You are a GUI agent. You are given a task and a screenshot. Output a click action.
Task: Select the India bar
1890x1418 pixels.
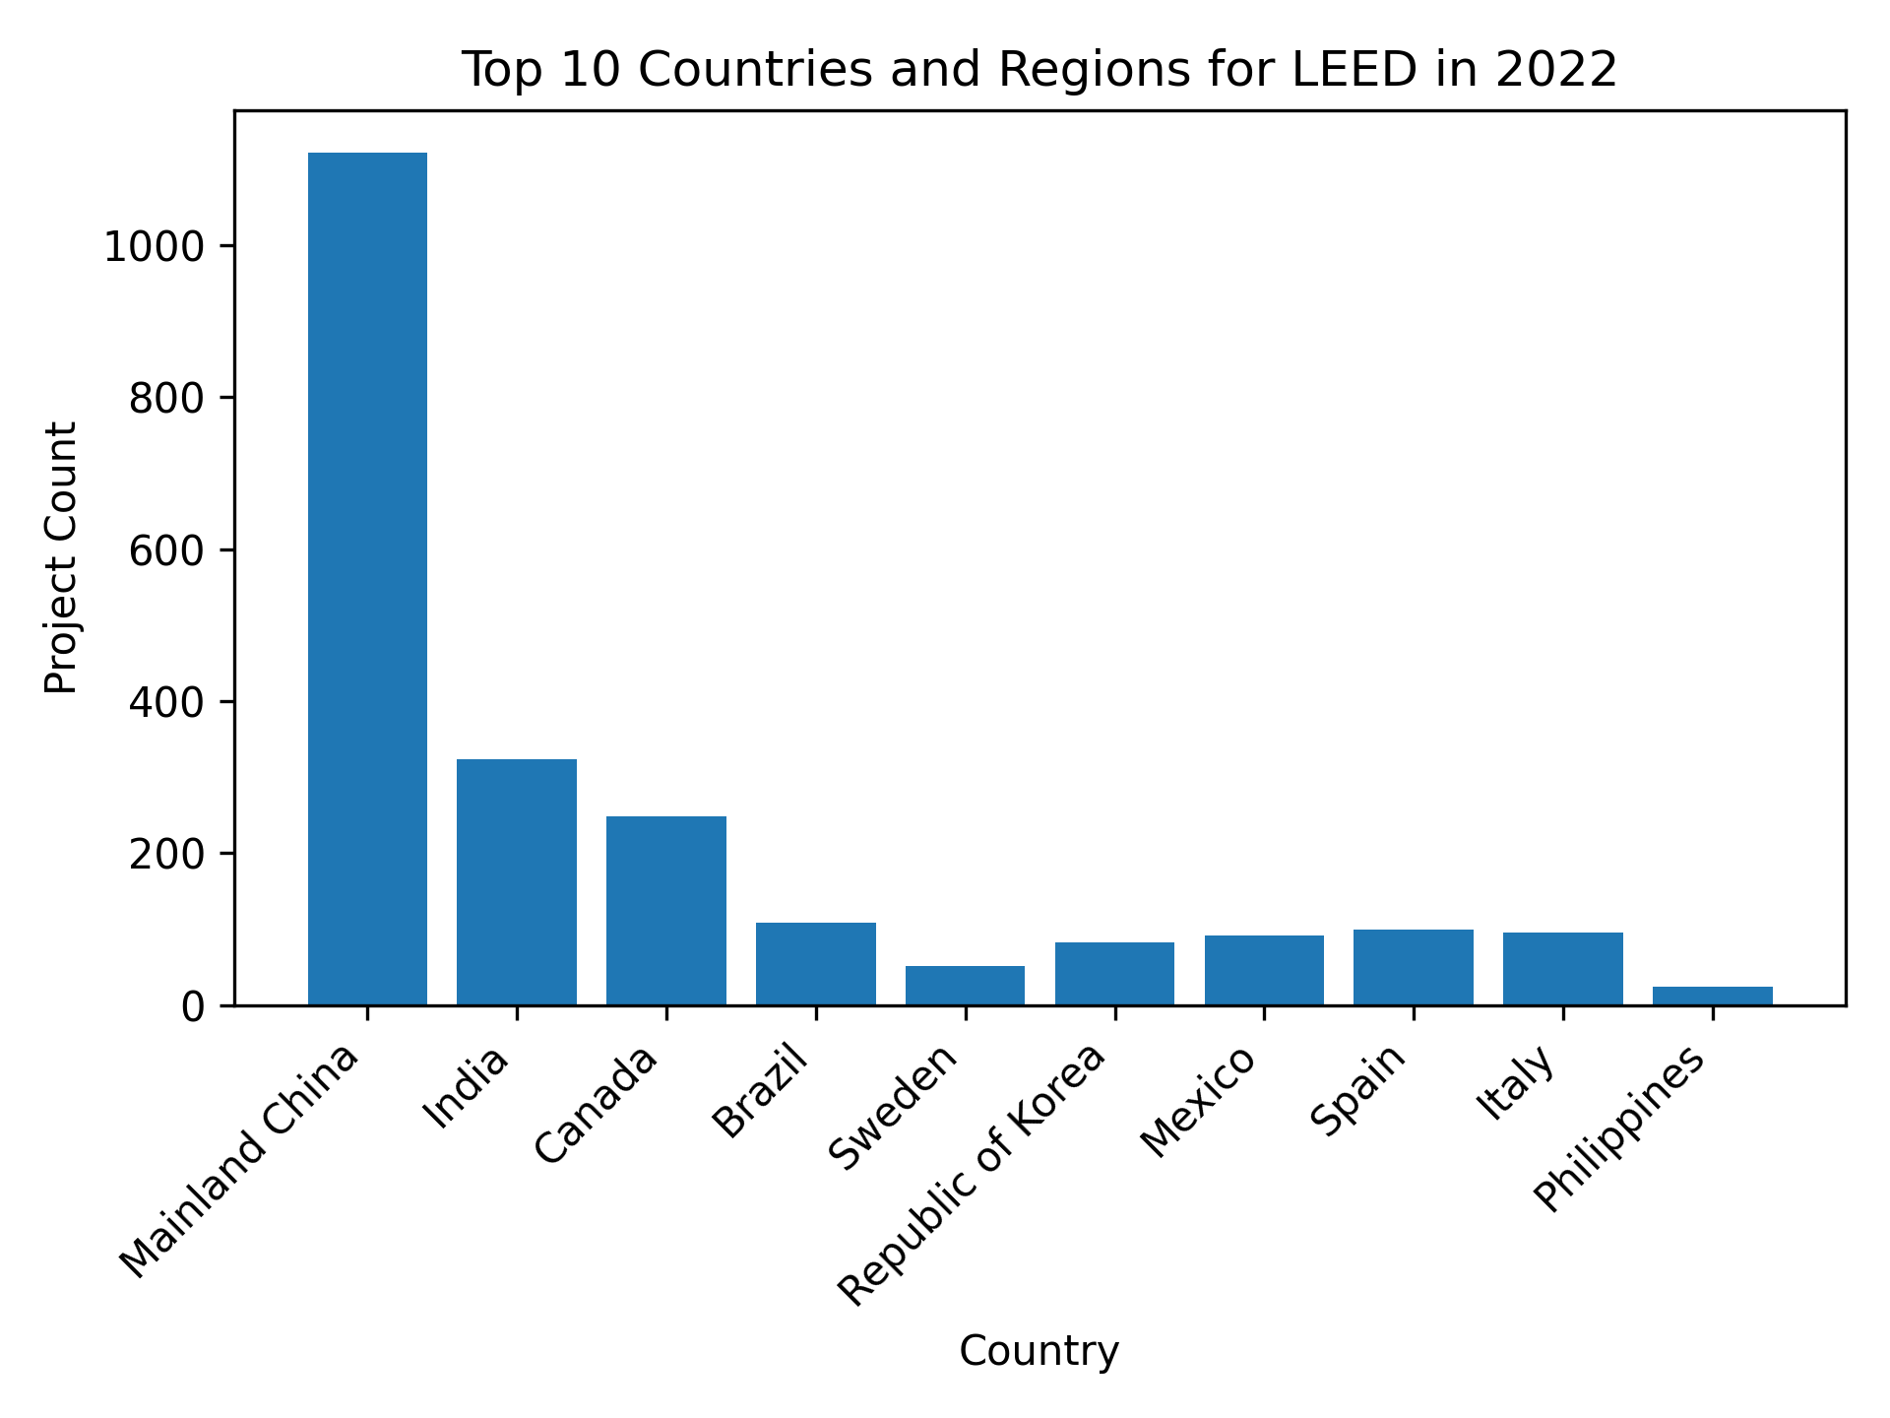(x=517, y=882)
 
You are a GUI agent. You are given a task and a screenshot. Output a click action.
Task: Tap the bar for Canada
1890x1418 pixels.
(x=666, y=911)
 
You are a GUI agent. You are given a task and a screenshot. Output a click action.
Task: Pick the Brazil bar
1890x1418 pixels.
(x=816, y=964)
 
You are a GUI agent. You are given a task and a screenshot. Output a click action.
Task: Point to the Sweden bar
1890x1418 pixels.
(x=965, y=986)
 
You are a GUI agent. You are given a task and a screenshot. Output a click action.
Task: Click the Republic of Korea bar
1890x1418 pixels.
(x=1114, y=974)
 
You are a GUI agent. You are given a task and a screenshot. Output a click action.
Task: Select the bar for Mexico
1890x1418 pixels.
(x=1264, y=971)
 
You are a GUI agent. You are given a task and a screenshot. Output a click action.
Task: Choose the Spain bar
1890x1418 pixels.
(x=1414, y=968)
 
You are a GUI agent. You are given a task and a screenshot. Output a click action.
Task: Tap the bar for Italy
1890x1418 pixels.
(x=1563, y=969)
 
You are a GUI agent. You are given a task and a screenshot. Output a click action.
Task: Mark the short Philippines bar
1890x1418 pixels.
(x=1713, y=997)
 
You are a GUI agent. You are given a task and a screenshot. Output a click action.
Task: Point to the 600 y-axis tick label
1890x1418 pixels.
(x=166, y=550)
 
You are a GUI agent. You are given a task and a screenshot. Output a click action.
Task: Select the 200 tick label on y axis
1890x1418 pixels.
(x=166, y=854)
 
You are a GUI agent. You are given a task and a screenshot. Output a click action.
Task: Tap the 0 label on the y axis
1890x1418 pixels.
(x=191, y=1006)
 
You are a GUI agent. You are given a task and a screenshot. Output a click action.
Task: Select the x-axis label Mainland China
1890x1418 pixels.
(x=240, y=1161)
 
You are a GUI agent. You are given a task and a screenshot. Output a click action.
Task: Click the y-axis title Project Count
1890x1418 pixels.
(x=62, y=557)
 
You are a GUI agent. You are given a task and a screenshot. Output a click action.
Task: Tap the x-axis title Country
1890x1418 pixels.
(x=1039, y=1351)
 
